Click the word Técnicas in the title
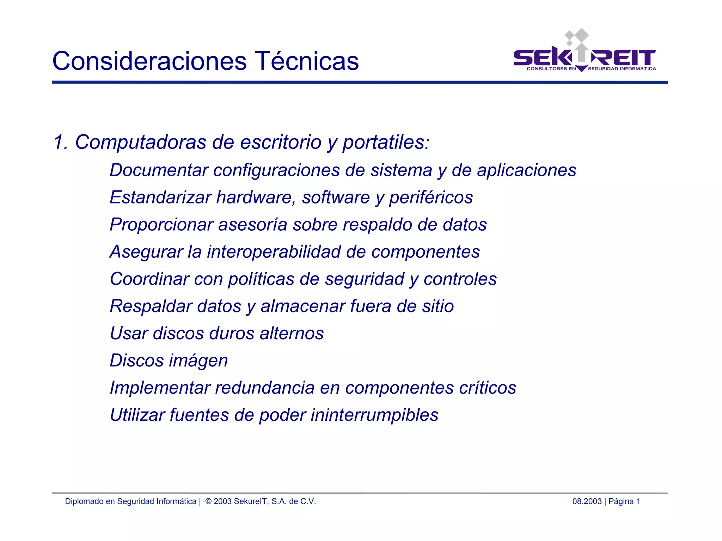(306, 61)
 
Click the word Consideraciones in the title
(149, 61)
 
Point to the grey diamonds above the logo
(577, 36)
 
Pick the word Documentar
(159, 170)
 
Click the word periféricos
(431, 197)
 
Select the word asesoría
(252, 225)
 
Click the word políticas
(261, 279)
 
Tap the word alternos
(292, 333)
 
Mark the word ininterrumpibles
(374, 415)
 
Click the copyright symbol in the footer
(208, 502)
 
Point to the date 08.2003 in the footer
(587, 502)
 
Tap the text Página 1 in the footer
(624, 502)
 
